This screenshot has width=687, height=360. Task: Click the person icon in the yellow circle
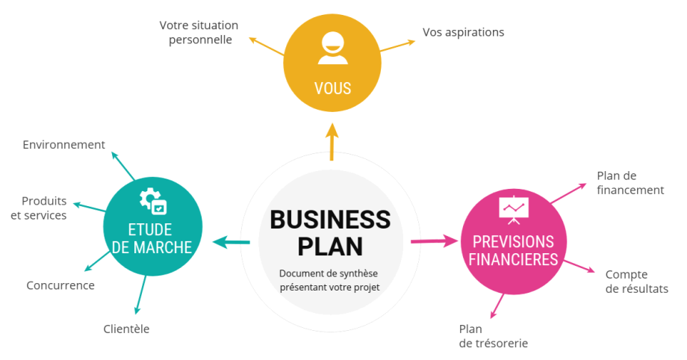[x=332, y=47]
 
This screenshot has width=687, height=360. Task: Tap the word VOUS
[x=332, y=89]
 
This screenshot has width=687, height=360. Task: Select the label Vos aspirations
[x=463, y=32]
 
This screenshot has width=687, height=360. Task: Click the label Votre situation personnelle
[x=196, y=32]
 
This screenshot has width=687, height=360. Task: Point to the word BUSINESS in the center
[x=330, y=219]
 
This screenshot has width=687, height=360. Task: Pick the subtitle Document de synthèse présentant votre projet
[x=329, y=279]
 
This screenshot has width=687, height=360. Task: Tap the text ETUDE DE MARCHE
[x=152, y=238]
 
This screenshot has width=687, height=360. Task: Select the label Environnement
[x=63, y=144]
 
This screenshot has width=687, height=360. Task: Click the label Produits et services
[x=44, y=208]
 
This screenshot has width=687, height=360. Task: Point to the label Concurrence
[x=60, y=285]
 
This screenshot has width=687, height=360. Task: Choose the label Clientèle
[x=127, y=328]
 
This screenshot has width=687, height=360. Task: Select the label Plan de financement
[x=630, y=183]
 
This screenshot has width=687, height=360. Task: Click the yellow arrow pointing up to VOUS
[x=332, y=142]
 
